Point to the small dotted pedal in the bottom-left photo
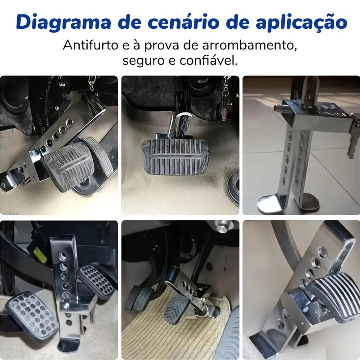pyautogui.click(x=96, y=280)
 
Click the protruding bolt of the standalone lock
pyautogui.click(x=279, y=108)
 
